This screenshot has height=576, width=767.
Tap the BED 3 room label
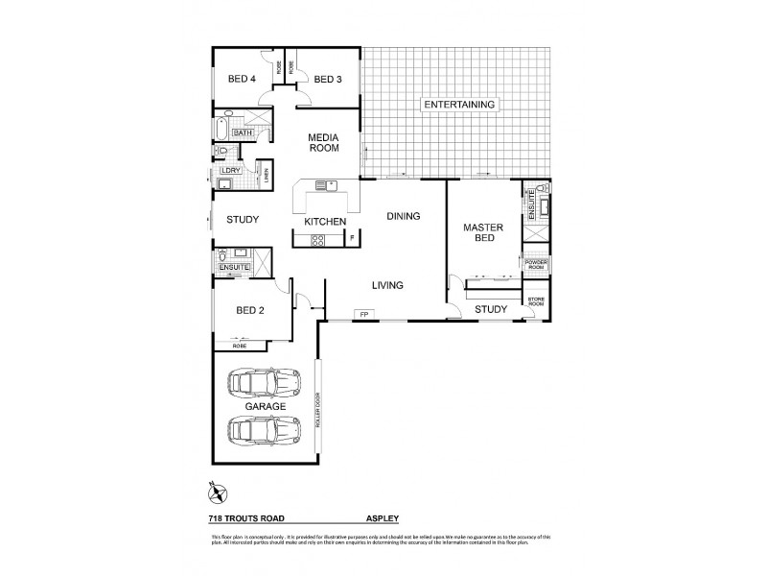coord(328,79)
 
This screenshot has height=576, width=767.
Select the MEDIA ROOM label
coord(323,143)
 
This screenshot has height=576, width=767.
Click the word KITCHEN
coord(325,222)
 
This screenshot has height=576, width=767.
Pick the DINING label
coord(404,216)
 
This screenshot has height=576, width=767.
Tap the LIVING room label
coord(387,285)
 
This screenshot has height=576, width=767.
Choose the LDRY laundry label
coord(229,171)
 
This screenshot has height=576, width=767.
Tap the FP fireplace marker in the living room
coord(363,314)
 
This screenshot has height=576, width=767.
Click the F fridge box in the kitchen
coord(352,236)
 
